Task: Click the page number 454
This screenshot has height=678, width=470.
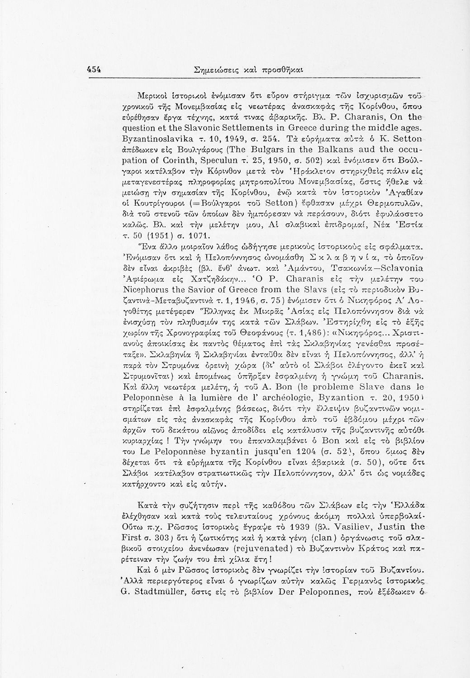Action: [x=93, y=70]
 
